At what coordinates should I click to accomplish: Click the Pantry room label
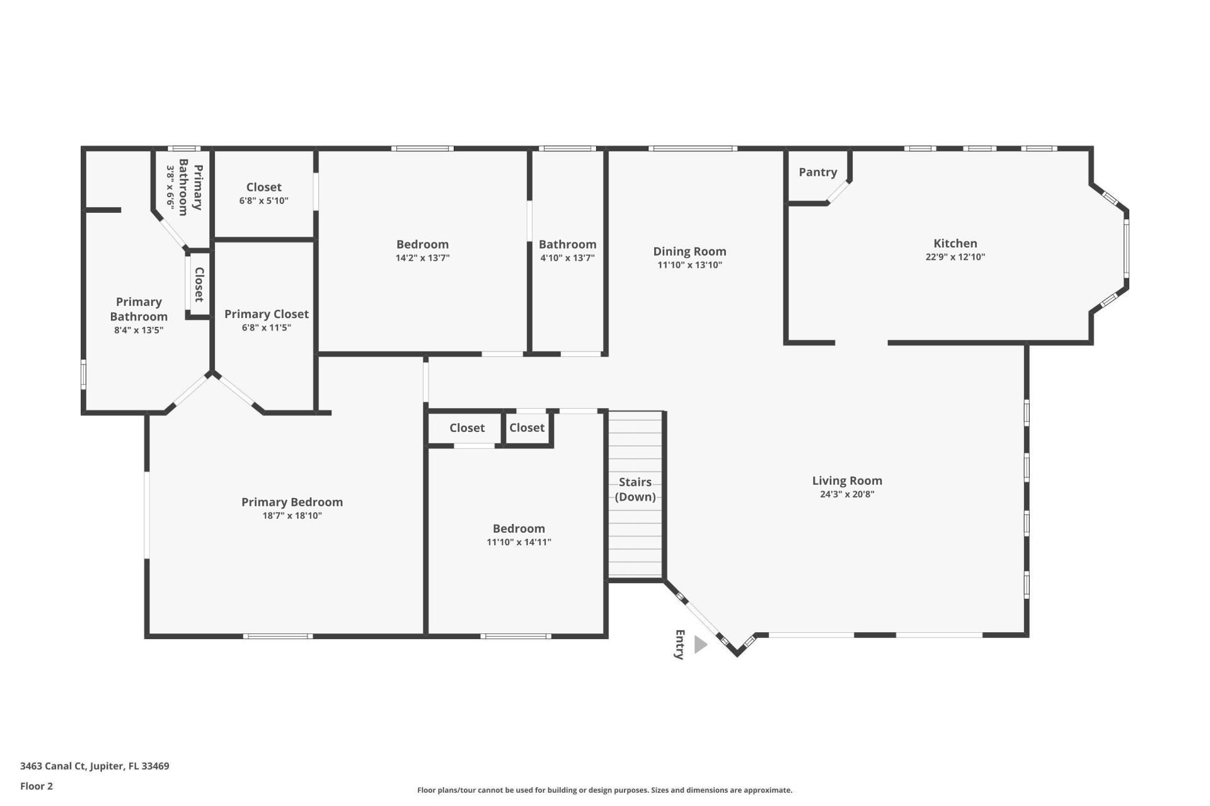(817, 172)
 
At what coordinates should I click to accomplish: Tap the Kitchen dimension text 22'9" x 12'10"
(955, 257)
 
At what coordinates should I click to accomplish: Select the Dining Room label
(689, 251)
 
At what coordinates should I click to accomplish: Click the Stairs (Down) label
(635, 489)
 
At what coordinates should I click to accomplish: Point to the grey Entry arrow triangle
(700, 644)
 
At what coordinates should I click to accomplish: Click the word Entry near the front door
(679, 644)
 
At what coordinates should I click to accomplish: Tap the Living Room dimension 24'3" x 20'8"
(846, 494)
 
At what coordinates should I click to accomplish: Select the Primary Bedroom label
(292, 502)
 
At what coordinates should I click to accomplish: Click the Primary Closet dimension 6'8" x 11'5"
(266, 327)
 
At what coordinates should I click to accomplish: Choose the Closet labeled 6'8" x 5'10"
(263, 187)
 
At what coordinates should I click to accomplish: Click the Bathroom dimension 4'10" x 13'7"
(567, 258)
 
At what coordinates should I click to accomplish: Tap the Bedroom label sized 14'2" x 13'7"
(422, 244)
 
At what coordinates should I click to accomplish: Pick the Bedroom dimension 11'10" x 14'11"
(519, 542)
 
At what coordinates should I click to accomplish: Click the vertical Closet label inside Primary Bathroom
(199, 284)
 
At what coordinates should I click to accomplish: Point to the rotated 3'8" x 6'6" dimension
(170, 187)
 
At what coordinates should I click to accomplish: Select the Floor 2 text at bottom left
(37, 786)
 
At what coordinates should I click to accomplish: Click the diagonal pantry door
(839, 193)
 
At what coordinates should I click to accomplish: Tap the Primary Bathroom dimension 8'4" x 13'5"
(139, 330)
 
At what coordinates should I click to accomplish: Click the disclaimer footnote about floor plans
(604, 790)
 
